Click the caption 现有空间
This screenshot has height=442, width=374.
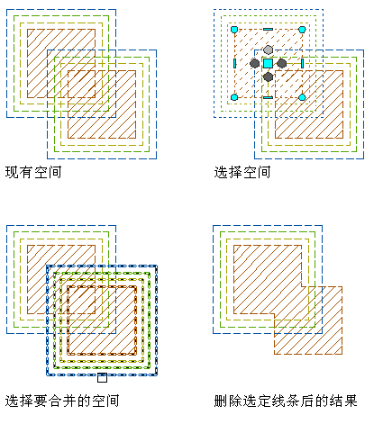click(x=33, y=172)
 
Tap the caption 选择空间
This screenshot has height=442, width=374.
click(x=242, y=172)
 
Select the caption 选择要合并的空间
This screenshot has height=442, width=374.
click(x=62, y=401)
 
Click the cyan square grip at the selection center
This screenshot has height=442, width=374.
click(x=268, y=63)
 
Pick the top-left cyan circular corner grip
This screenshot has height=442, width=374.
click(x=234, y=30)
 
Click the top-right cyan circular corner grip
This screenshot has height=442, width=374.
click(x=302, y=30)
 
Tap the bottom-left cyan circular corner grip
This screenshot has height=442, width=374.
click(x=234, y=97)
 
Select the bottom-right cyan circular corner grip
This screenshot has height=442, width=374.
click(x=302, y=97)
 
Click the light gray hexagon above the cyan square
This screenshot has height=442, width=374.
click(x=268, y=50)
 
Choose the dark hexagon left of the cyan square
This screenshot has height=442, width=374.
click(x=254, y=63)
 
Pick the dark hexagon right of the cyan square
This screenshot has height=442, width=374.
click(x=281, y=63)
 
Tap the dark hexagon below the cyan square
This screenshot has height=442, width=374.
click(x=268, y=77)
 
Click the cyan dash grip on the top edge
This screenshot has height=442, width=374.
click(x=268, y=30)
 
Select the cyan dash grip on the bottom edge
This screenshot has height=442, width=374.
click(x=268, y=97)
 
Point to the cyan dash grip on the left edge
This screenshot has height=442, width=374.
click(x=234, y=63)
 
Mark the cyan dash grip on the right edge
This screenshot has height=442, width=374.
click(x=302, y=63)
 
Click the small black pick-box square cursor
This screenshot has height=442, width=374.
click(x=102, y=378)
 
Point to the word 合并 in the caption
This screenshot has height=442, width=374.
click(x=62, y=401)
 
